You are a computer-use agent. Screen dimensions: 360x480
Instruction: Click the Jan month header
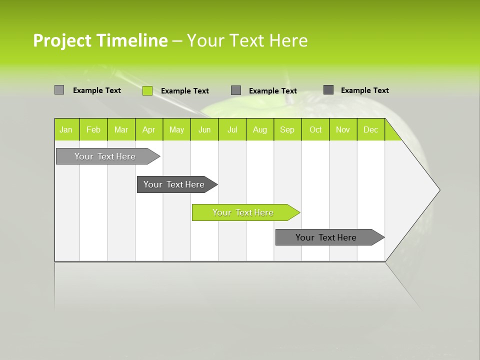click(x=66, y=129)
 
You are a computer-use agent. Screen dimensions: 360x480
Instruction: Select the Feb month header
click(x=93, y=129)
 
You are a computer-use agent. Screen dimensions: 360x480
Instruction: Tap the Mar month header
click(x=121, y=129)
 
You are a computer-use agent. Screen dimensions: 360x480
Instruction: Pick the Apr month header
click(x=149, y=129)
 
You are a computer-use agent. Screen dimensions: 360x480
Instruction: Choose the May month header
click(x=176, y=129)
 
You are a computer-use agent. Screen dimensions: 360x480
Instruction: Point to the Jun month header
click(x=204, y=129)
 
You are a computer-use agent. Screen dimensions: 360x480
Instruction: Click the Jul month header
click(x=232, y=129)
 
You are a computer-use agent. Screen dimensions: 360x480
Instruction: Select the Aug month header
click(x=260, y=129)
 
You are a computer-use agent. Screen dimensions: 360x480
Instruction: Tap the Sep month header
click(x=287, y=129)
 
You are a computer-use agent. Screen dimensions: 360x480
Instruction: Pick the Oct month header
click(x=315, y=129)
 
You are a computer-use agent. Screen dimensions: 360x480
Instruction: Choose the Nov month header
click(x=343, y=129)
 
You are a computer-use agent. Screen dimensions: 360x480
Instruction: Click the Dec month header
click(x=371, y=129)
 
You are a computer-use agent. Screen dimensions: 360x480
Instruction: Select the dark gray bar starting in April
click(x=175, y=184)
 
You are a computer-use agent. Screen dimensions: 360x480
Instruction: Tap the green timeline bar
click(x=244, y=212)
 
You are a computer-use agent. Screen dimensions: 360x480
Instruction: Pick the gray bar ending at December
click(x=327, y=237)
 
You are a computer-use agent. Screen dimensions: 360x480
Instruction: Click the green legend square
click(x=147, y=90)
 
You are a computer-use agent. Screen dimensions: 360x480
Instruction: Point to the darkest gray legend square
click(x=328, y=90)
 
